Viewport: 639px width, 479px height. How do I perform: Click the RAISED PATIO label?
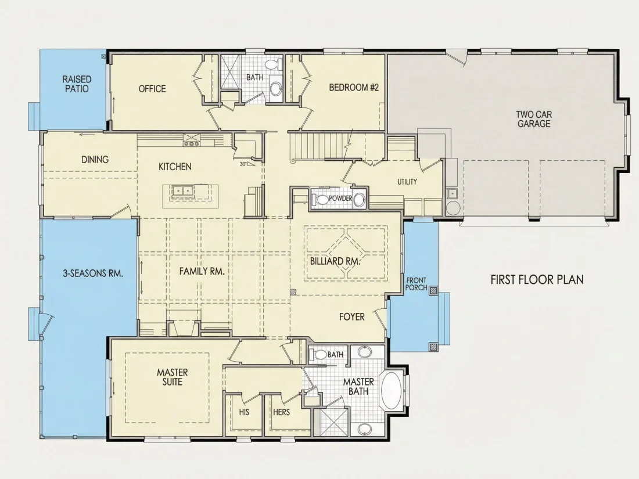tap(77, 84)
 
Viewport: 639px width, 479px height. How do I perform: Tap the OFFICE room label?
tap(152, 89)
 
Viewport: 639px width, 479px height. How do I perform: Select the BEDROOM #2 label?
tap(354, 87)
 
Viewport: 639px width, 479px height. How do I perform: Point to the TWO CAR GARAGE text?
tap(534, 119)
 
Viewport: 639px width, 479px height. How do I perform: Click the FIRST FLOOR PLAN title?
tap(537, 279)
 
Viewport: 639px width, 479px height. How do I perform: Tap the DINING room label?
tap(95, 159)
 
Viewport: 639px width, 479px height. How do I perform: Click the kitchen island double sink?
tap(182, 190)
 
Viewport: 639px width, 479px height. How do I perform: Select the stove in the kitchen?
tap(192, 140)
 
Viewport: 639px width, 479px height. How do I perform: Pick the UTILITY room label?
tap(407, 182)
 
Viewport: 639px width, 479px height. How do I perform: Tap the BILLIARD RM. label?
tap(335, 261)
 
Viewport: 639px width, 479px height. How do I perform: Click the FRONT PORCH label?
tap(416, 284)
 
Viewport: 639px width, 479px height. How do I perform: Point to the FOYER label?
tap(351, 317)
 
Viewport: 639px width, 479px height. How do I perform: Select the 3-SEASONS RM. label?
tap(93, 273)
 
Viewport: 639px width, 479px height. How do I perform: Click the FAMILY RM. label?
tap(202, 271)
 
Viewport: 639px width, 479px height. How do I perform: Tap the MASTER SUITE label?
tap(173, 377)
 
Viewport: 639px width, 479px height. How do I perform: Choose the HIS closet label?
tap(244, 412)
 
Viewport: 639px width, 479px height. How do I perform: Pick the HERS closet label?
tap(281, 412)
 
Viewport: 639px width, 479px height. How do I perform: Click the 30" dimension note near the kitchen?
tap(243, 164)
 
